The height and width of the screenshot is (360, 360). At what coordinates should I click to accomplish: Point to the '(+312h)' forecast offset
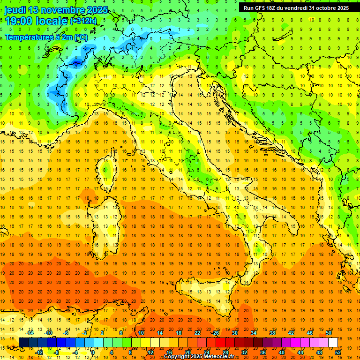83,21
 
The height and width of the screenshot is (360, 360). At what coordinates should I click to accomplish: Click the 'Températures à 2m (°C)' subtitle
46,37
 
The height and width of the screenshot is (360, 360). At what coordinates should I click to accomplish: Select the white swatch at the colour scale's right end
333,342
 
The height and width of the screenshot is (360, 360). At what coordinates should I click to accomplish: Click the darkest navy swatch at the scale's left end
23,342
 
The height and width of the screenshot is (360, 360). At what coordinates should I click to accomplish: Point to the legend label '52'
338,352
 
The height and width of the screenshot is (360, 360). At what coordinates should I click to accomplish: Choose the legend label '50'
329,333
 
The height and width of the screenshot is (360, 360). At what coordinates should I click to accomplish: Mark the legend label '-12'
39,352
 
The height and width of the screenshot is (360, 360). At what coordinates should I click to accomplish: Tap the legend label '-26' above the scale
215,333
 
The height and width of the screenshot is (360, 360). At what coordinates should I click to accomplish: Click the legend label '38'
272,333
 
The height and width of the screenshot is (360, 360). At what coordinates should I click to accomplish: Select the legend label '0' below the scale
93,352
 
